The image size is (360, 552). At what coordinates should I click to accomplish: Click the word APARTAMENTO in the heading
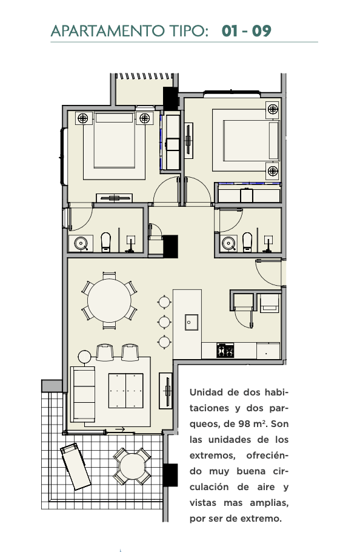pos(107,31)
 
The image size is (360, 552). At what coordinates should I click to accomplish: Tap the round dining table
pos(109,300)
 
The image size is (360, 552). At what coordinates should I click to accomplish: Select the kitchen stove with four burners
pos(225,350)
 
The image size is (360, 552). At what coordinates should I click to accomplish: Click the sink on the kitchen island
pos(192,322)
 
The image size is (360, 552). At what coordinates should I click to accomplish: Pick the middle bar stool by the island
pos(164,321)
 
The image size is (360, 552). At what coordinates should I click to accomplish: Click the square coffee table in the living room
pos(126,391)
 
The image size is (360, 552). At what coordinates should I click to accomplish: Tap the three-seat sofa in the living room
pos(82,394)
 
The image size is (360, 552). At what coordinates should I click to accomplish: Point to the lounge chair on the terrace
pos(76,466)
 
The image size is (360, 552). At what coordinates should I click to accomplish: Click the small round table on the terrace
pos(132,466)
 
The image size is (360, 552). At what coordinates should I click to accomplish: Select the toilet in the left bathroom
pos(106,242)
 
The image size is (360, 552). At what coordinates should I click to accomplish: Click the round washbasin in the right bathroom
pos(229,243)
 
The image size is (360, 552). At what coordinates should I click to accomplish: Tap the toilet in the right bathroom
pos(247,242)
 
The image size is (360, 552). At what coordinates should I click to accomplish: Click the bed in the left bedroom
pos(115,145)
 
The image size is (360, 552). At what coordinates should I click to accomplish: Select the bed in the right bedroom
pos(245,140)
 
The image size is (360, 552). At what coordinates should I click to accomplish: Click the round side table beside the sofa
pos(85,357)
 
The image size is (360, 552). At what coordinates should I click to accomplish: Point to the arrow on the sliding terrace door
pos(120,429)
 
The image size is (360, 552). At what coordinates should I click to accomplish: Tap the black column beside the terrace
pos(171,475)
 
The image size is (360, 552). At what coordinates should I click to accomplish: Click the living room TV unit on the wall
pos(165,391)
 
